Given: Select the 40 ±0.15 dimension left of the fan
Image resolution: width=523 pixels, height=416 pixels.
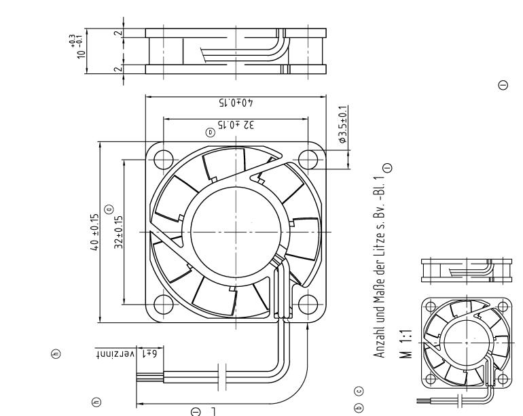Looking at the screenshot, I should (95, 232).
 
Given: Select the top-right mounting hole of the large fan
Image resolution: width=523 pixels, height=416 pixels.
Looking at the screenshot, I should (310, 158).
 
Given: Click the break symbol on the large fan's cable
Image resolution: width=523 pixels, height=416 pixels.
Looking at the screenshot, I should (226, 379).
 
